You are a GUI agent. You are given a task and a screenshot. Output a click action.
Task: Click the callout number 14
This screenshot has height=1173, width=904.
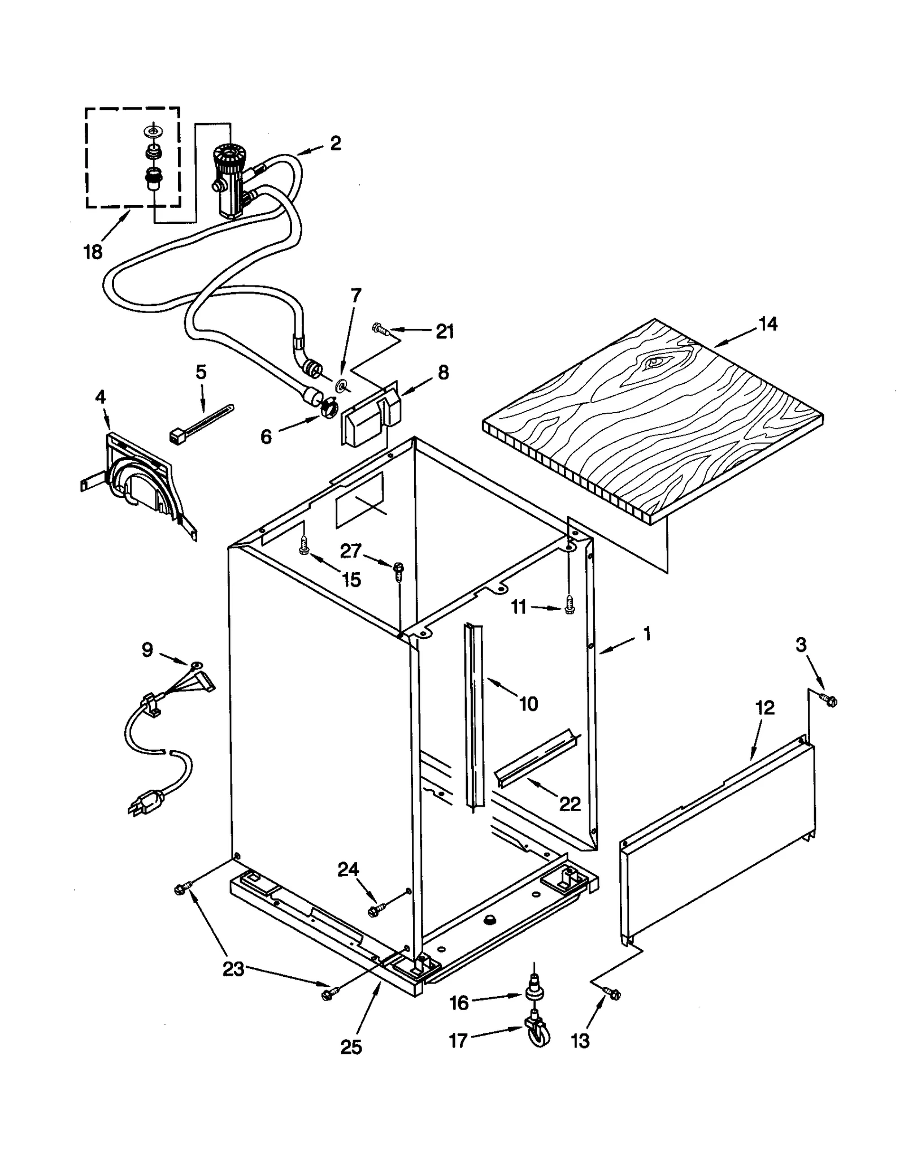[768, 324]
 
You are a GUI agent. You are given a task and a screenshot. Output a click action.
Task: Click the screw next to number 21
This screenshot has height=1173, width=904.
[379, 328]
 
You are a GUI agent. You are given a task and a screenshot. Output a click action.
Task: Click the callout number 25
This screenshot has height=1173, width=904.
[351, 1047]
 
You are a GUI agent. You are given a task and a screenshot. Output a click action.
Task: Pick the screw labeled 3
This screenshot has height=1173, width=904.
[829, 700]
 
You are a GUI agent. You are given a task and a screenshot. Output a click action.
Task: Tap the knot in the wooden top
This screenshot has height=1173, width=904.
[655, 361]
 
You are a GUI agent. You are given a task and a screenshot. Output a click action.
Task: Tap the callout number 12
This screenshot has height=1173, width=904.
[765, 708]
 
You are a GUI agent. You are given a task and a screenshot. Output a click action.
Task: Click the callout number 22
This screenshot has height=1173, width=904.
[570, 804]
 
